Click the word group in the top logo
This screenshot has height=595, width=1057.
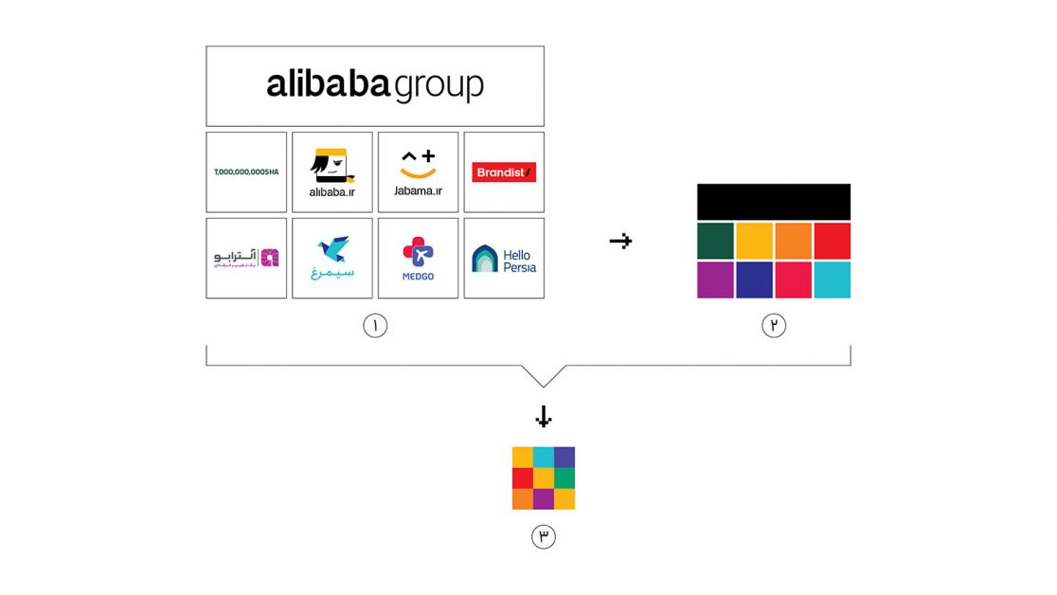439,85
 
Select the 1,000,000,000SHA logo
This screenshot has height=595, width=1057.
246,172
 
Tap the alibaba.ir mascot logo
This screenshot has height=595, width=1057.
332,167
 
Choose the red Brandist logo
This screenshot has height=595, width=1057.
504,172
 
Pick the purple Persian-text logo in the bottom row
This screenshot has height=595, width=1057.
246,259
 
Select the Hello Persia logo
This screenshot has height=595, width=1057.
504,259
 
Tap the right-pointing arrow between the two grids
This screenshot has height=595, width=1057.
620,242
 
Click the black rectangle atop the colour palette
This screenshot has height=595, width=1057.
774,202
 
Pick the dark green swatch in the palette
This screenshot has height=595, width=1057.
715,241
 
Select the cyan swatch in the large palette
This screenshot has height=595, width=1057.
832,279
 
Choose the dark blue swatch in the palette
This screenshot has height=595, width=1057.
754,279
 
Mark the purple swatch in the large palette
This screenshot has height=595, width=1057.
715,279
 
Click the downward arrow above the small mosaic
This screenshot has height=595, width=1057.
544,417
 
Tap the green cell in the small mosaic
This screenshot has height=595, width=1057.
564,478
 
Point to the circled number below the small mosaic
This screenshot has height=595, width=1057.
544,537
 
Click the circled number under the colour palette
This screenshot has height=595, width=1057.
774,326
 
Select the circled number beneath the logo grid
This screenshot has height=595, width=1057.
375,326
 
